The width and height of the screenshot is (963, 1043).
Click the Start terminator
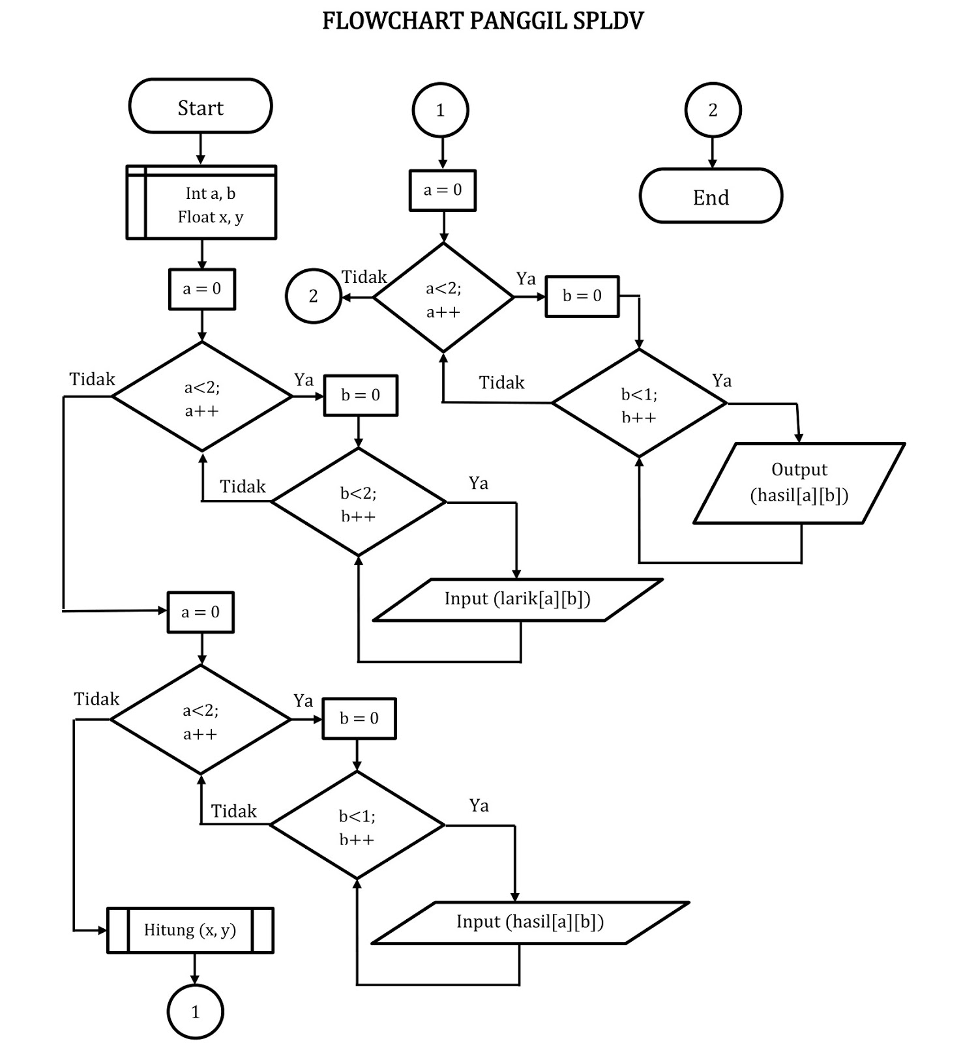tap(200, 107)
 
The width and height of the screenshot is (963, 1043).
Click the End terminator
tap(711, 197)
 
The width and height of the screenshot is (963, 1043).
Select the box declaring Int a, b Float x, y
tap(201, 203)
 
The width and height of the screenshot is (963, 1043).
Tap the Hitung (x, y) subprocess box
tap(190, 930)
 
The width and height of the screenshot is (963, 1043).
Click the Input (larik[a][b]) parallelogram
tap(518, 600)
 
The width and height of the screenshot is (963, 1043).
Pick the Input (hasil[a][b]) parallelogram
tap(530, 922)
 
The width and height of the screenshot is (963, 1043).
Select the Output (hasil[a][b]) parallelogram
tap(799, 483)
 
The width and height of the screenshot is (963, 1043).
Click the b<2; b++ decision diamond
tap(358, 502)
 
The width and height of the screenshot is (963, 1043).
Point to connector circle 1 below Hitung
tap(195, 1012)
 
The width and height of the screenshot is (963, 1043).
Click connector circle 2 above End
tap(713, 110)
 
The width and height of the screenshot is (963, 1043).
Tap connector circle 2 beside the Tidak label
tap(313, 296)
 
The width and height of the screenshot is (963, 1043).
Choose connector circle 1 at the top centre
tap(440, 110)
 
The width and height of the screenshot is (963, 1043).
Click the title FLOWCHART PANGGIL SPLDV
tap(482, 21)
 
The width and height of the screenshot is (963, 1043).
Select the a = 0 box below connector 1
tap(443, 190)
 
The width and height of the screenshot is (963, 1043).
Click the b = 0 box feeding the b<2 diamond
tap(360, 395)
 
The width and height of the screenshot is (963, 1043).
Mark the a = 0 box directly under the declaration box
tap(201, 289)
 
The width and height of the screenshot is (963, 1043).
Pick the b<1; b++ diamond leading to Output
tap(639, 404)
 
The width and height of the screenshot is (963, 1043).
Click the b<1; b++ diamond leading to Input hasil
tap(357, 825)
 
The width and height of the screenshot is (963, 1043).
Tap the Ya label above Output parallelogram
tap(721, 381)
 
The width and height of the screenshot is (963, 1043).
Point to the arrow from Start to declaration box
tap(201, 149)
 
